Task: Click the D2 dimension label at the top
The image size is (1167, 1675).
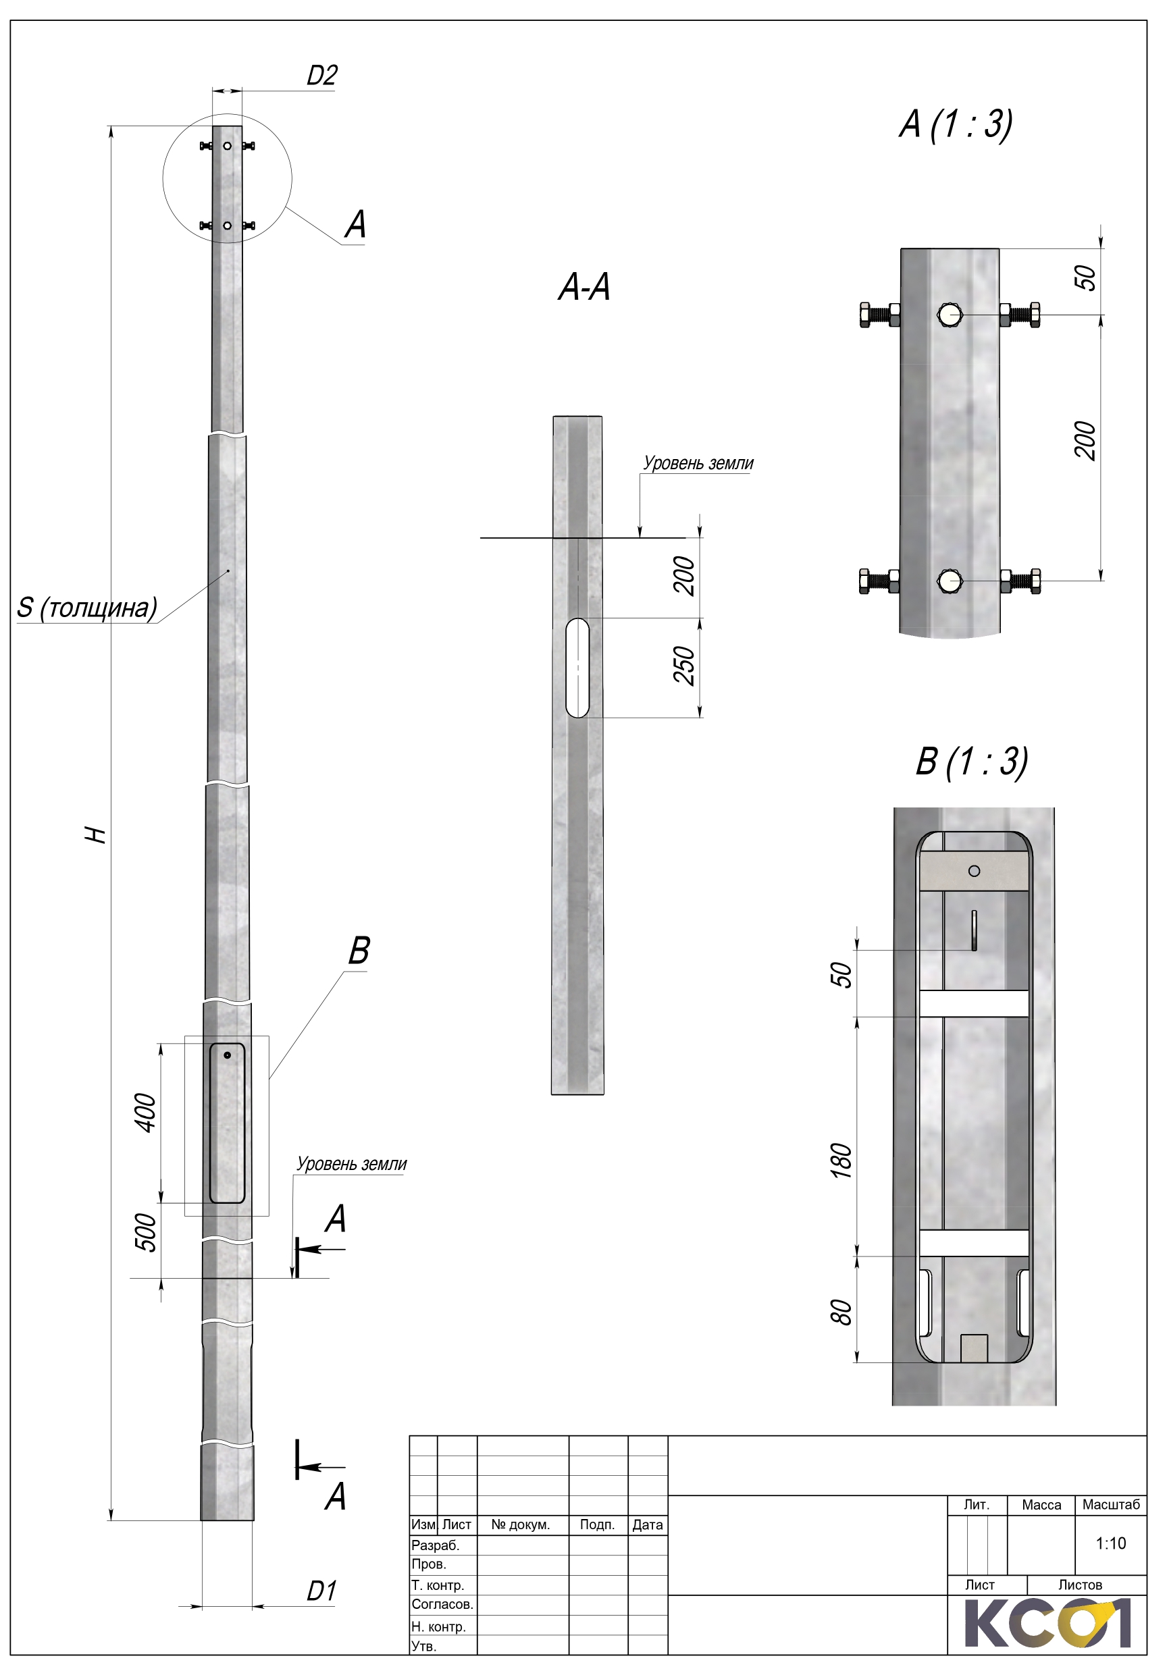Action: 322,75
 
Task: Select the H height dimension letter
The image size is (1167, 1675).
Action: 96,835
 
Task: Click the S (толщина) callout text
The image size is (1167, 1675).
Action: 87,608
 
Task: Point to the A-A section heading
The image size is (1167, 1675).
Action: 584,287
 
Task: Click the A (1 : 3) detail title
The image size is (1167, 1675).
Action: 956,124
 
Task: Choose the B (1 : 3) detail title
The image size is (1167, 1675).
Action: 972,762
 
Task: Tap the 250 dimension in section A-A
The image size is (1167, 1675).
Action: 684,665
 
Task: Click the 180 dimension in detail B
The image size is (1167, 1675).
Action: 841,1161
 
